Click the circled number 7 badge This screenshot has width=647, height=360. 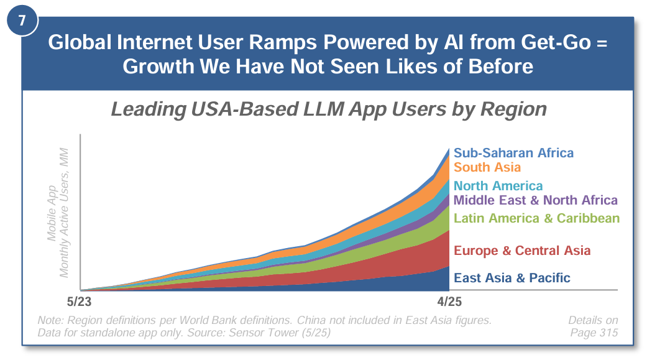[22, 20]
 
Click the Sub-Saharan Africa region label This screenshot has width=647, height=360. [513, 153]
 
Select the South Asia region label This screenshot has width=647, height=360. [487, 167]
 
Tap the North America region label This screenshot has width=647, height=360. [498, 186]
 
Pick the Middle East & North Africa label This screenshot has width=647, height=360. [536, 200]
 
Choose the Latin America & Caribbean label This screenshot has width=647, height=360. [536, 218]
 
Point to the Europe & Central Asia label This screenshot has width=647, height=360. [522, 251]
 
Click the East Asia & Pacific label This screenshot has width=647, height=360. [512, 278]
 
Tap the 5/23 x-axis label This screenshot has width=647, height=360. [79, 302]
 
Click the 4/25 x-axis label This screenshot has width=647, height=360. [449, 302]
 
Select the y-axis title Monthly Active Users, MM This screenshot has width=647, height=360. [64, 213]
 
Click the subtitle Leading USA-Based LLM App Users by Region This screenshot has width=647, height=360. [329, 109]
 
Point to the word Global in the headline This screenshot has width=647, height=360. [80, 42]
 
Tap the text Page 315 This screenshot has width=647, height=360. [594, 333]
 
